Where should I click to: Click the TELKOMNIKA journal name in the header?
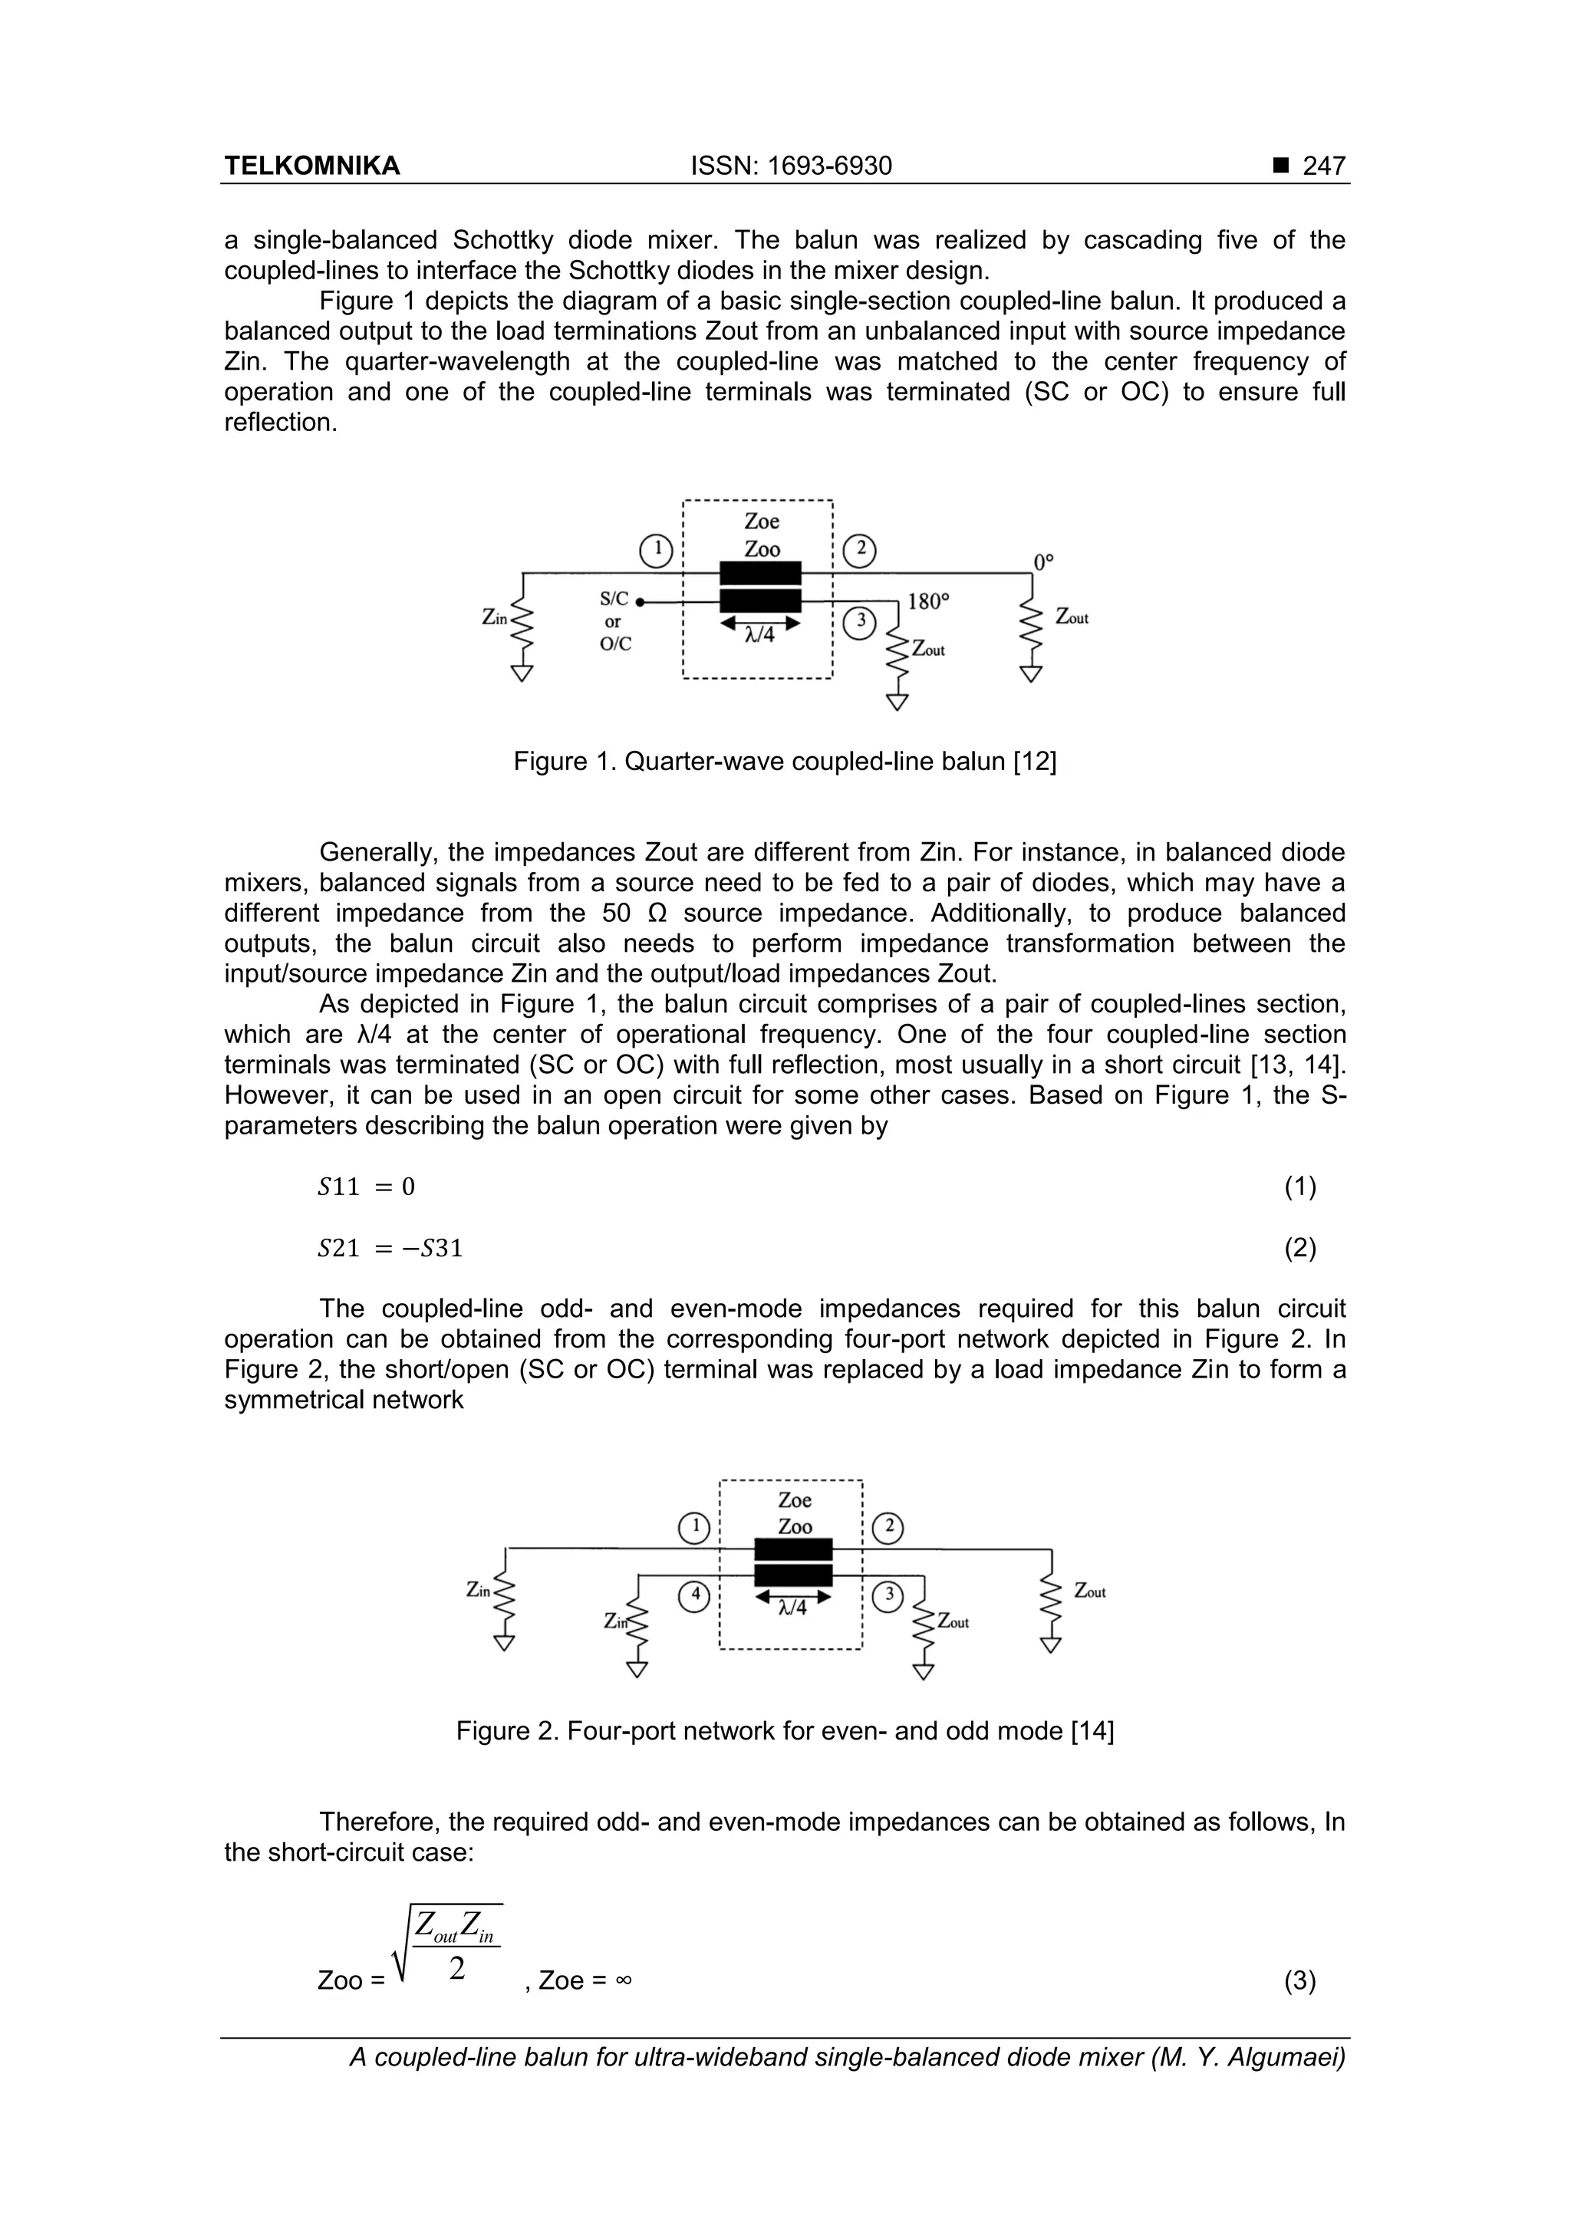click(x=311, y=166)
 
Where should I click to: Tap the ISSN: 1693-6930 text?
click(x=791, y=166)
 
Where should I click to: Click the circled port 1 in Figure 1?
click(x=657, y=551)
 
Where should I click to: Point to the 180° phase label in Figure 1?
click(x=928, y=602)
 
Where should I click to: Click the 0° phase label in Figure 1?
click(x=1042, y=562)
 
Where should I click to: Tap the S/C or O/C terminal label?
click(x=614, y=621)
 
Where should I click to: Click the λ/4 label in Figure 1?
click(x=760, y=636)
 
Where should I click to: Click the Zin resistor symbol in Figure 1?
click(x=522, y=627)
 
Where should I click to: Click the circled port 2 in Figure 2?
click(x=888, y=1528)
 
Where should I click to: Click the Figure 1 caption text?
click(x=785, y=762)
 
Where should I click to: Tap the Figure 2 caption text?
click(x=785, y=1730)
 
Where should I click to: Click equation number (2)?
click(x=1300, y=1249)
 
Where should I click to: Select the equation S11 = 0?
click(x=366, y=1187)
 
